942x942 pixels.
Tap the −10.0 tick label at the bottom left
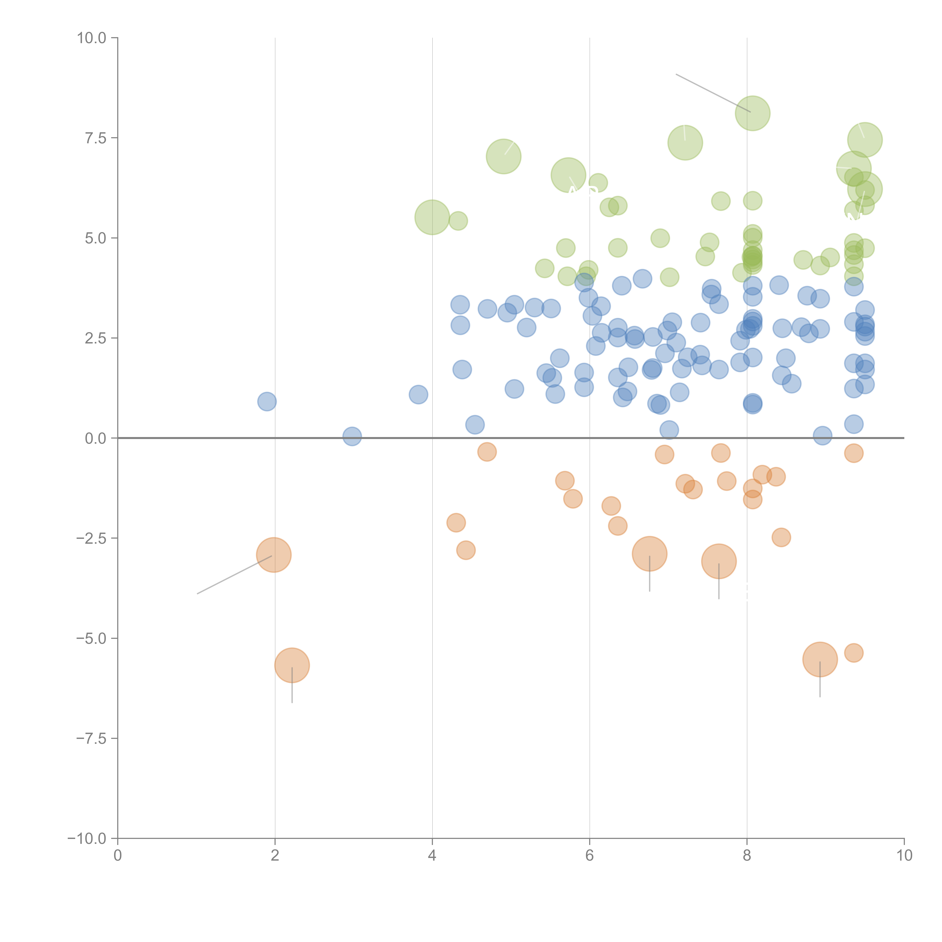click(87, 839)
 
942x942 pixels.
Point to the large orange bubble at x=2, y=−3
click(274, 555)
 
